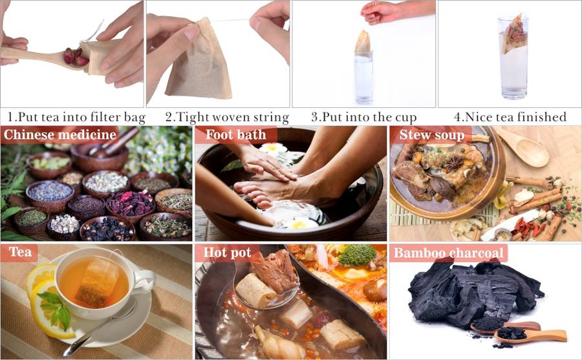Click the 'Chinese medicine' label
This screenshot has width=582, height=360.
pyautogui.click(x=59, y=134)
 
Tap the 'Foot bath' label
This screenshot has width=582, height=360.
pyautogui.click(x=236, y=134)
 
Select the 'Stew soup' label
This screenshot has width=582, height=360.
pyautogui.click(x=432, y=135)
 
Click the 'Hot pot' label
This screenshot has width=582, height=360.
pyautogui.click(x=227, y=253)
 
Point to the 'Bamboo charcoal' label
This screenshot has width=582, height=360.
pyautogui.click(x=448, y=253)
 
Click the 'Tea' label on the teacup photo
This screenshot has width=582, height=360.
pyautogui.click(x=20, y=252)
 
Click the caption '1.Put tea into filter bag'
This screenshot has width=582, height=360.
pyautogui.click(x=76, y=117)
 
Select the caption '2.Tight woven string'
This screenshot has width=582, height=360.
pyautogui.click(x=227, y=117)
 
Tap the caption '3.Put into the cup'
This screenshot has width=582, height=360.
pyautogui.click(x=363, y=117)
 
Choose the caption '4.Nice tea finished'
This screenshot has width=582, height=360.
pyautogui.click(x=510, y=117)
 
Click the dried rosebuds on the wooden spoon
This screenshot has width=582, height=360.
pyautogui.click(x=76, y=56)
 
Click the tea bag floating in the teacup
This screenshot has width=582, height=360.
pyautogui.click(x=98, y=282)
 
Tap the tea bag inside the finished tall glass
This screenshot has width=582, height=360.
pyautogui.click(x=515, y=34)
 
